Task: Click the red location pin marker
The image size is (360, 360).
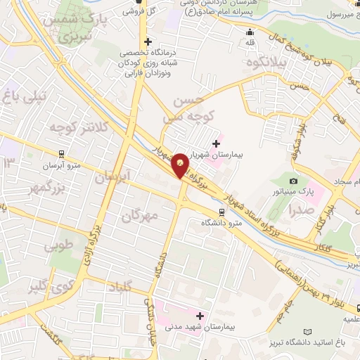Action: pyautogui.click(x=181, y=165)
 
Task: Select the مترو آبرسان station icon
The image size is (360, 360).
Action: pyautogui.click(x=61, y=154)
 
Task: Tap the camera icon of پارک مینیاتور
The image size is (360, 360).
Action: pyautogui.click(x=293, y=182)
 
